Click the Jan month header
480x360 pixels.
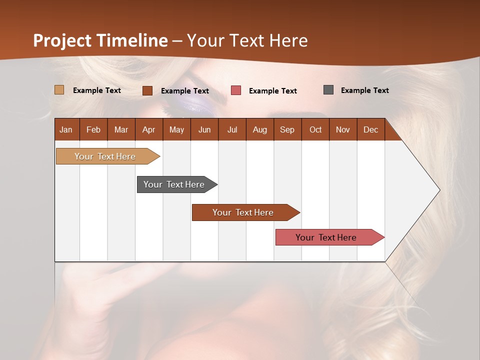coord(66,129)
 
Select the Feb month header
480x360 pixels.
coord(93,129)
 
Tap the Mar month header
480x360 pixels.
coord(121,129)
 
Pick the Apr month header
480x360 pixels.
coord(149,129)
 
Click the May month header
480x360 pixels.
coord(176,129)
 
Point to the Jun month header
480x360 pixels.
coord(204,129)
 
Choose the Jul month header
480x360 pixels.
coord(232,129)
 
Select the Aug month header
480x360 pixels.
coord(260,129)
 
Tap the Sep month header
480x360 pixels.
coord(287,129)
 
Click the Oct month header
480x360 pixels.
coord(315,129)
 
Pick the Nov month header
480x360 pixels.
coord(343,129)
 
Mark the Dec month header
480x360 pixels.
coord(371,129)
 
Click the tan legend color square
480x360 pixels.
coord(59,90)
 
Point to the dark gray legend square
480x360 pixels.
coord(328,90)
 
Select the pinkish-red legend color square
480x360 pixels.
coord(236,90)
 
